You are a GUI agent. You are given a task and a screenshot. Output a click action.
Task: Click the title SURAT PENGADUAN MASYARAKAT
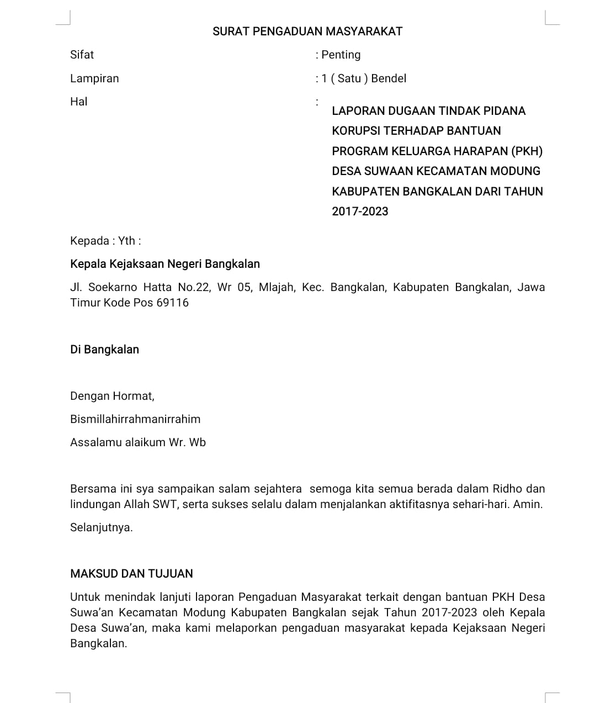point(307,31)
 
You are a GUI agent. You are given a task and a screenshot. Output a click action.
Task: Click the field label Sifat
point(82,55)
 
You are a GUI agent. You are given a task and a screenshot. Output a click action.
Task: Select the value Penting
point(341,55)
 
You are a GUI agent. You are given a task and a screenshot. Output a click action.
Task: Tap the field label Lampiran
point(94,78)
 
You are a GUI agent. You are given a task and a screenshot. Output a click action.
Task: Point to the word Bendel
point(389,78)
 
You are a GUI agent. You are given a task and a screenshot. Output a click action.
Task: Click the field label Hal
point(78,102)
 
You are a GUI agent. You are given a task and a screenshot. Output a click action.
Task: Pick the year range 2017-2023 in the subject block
point(360,212)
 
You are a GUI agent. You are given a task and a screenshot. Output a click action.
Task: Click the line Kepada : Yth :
point(105,241)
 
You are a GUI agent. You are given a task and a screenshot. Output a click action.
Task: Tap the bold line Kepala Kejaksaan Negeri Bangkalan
point(165,264)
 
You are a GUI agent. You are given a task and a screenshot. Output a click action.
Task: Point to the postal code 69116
point(172,303)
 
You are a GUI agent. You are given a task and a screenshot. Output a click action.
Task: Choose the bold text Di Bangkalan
point(104,350)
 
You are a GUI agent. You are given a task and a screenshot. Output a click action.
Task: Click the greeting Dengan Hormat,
point(112,396)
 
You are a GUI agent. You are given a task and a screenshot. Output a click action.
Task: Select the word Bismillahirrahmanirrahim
point(135,419)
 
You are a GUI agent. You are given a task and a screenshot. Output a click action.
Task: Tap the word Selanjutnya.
point(102,527)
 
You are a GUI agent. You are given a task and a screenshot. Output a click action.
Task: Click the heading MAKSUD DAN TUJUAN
point(131,574)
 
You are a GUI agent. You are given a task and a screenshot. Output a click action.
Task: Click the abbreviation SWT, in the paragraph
point(166,504)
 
